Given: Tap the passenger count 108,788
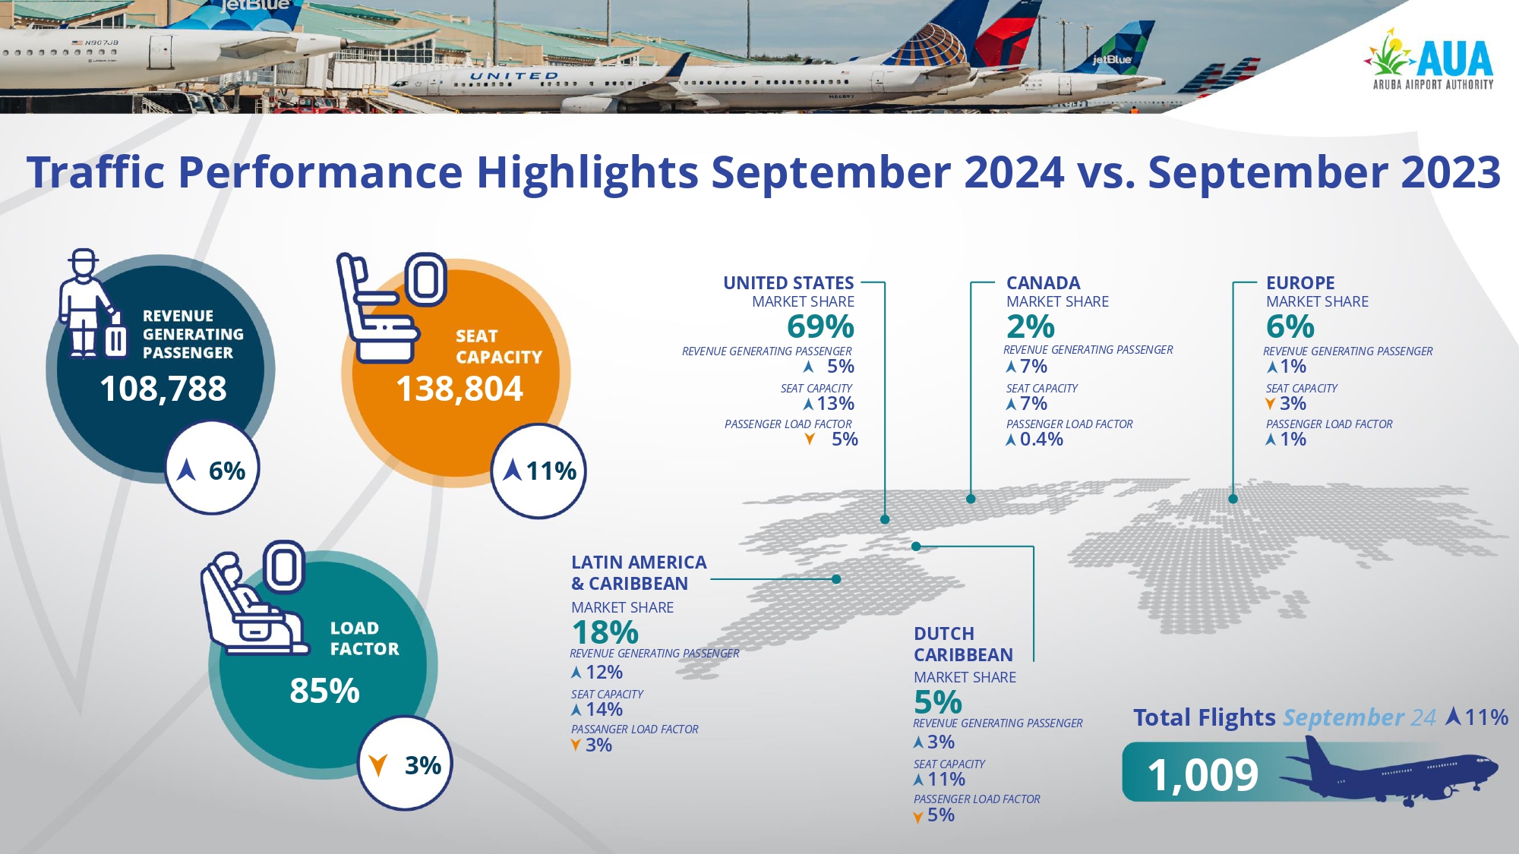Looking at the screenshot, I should point(163,389).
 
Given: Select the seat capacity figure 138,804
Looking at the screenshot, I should point(459,389).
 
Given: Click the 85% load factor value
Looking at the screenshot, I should point(324,691).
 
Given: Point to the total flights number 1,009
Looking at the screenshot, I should point(1202,775).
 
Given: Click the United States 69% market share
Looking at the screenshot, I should point(820,327).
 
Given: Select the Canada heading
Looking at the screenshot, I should point(1043,283).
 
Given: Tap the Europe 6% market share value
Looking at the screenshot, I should point(1290,327).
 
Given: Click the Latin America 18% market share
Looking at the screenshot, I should point(605,632).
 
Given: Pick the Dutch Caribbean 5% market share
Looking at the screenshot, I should point(937,702).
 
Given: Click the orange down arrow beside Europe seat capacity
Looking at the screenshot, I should point(1270,404).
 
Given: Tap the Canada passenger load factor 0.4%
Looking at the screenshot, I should point(1041,440).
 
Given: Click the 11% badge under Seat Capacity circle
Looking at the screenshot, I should point(539,471).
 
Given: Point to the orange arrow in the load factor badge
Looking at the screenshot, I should point(377,765).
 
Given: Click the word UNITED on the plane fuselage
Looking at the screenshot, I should point(513,76).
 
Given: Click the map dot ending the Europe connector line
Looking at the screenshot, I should point(1233,499).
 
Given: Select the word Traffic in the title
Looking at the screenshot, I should point(96,172).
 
